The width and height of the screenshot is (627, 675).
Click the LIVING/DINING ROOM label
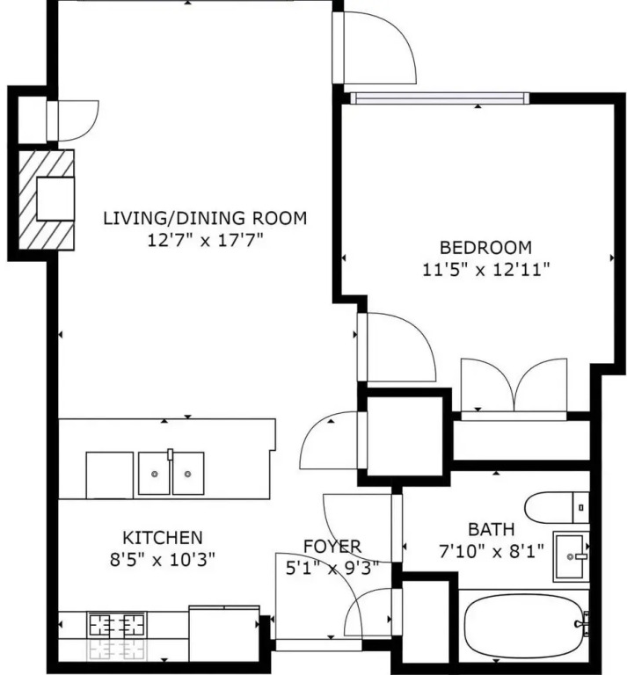[205, 218]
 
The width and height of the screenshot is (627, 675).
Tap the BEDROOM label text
[485, 248]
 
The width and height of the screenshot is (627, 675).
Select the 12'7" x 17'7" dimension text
[205, 240]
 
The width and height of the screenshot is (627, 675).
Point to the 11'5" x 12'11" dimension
[486, 270]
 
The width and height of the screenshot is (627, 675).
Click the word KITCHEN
[163, 538]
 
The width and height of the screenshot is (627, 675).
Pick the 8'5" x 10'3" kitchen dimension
[163, 560]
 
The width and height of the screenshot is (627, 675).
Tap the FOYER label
[332, 547]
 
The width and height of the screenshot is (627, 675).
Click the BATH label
[492, 529]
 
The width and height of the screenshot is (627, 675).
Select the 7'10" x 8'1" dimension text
[492, 551]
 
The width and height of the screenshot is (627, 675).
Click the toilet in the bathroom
[557, 507]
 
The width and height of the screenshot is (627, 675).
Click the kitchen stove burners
[117, 625]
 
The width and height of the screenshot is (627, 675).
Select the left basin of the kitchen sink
[154, 474]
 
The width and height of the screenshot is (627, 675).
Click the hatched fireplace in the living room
[47, 200]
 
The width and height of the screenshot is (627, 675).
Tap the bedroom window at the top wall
[440, 98]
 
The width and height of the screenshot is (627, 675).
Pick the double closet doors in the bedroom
[514, 385]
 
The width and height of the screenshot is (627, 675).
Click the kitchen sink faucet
[170, 455]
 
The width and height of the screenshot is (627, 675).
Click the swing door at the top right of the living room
[374, 47]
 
